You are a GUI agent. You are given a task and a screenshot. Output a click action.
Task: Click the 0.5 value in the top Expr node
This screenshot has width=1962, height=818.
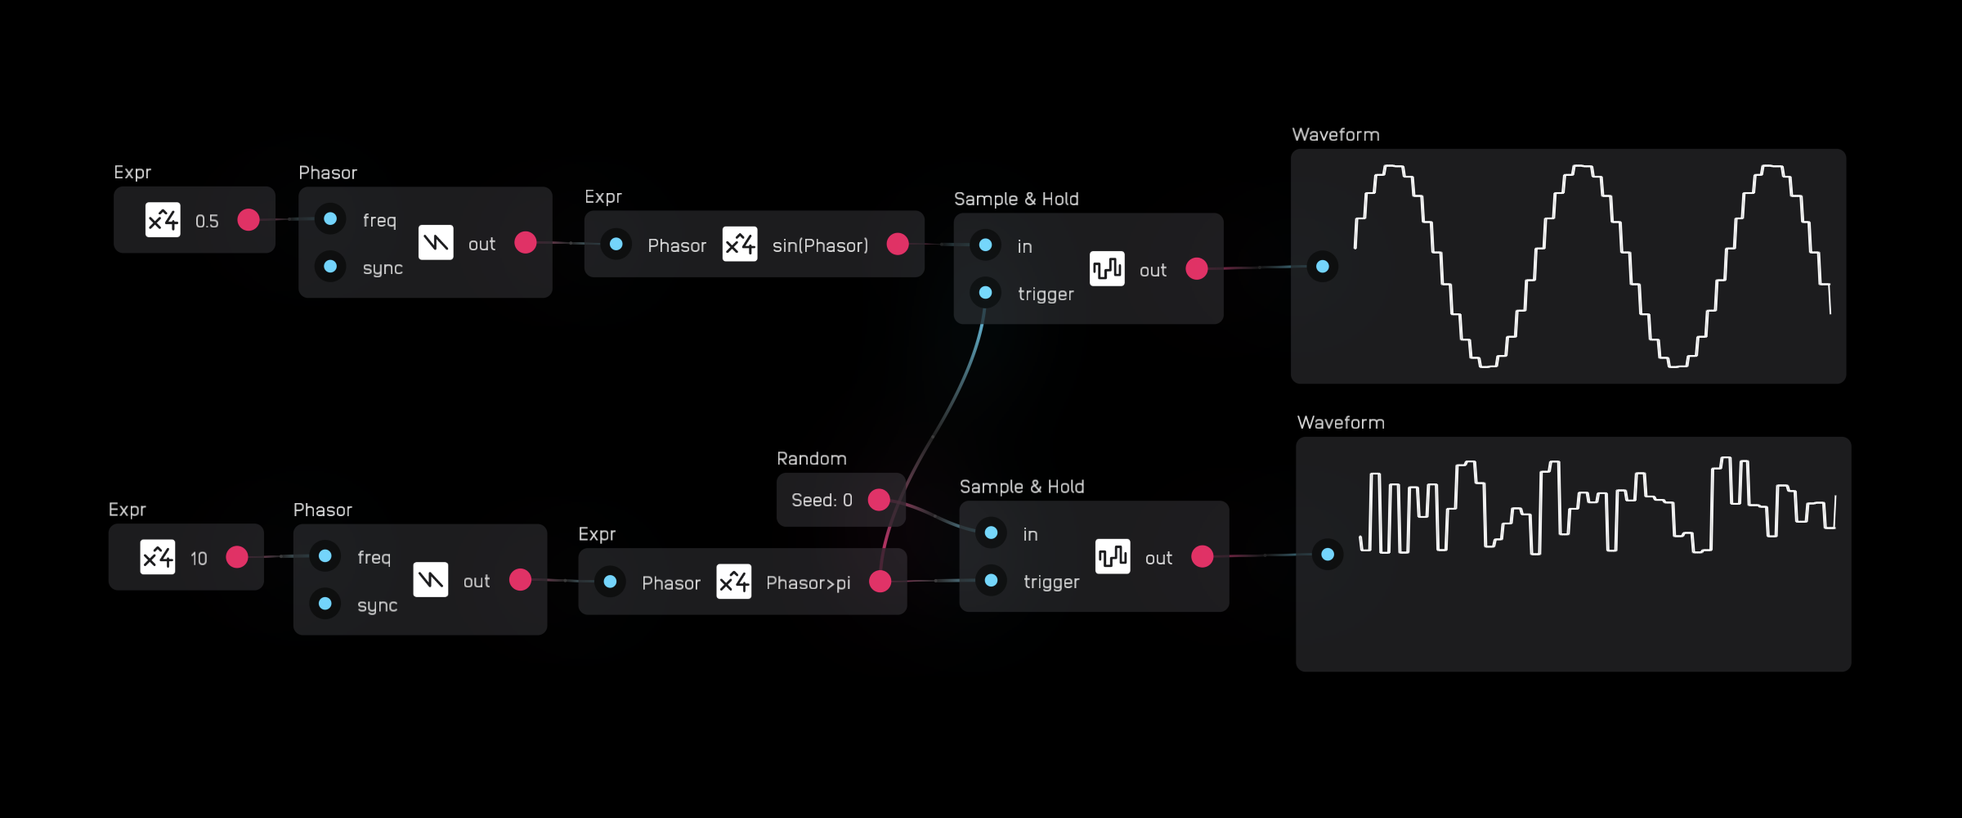(x=207, y=221)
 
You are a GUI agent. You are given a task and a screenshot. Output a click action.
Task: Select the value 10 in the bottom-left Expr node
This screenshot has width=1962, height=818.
(x=199, y=558)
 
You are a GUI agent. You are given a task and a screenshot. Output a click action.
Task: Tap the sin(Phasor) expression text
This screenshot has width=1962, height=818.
(x=820, y=245)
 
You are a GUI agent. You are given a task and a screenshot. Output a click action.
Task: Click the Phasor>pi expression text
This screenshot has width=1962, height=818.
(x=808, y=582)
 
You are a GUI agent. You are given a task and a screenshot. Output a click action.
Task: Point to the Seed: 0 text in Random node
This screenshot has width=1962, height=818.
(x=822, y=500)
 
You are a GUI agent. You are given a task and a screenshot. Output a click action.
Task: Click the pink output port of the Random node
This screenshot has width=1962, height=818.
(x=879, y=500)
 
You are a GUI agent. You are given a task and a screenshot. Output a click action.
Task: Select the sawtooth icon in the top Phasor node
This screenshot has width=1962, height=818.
(x=436, y=243)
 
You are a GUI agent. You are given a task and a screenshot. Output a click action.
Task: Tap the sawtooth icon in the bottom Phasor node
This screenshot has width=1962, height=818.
(x=431, y=580)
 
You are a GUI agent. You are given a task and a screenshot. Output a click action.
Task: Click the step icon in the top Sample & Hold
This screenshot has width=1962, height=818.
(x=1107, y=269)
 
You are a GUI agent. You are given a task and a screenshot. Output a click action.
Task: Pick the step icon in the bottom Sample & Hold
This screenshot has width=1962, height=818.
(x=1113, y=557)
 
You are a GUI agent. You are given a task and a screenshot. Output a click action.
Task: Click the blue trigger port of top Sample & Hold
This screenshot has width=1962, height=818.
(x=986, y=292)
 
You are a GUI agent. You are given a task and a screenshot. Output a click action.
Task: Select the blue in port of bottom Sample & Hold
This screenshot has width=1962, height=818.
(x=991, y=533)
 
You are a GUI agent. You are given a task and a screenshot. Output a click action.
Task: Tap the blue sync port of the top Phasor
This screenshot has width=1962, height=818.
(x=330, y=267)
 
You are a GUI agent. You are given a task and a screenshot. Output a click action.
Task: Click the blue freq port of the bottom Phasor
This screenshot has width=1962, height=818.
(x=325, y=556)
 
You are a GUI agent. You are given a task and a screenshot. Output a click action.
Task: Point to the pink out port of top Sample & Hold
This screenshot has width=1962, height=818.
(x=1197, y=269)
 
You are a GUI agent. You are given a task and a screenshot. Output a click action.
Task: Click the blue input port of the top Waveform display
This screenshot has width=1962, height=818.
(x=1323, y=267)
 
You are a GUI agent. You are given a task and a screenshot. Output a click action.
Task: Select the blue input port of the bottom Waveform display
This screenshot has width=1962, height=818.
(x=1328, y=555)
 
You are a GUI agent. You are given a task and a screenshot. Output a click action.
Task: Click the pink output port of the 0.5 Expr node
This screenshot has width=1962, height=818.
(x=249, y=220)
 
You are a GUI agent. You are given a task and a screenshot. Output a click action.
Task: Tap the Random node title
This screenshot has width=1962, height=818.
(x=811, y=459)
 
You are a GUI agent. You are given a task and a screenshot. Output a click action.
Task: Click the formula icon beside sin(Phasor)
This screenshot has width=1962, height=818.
(x=740, y=245)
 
